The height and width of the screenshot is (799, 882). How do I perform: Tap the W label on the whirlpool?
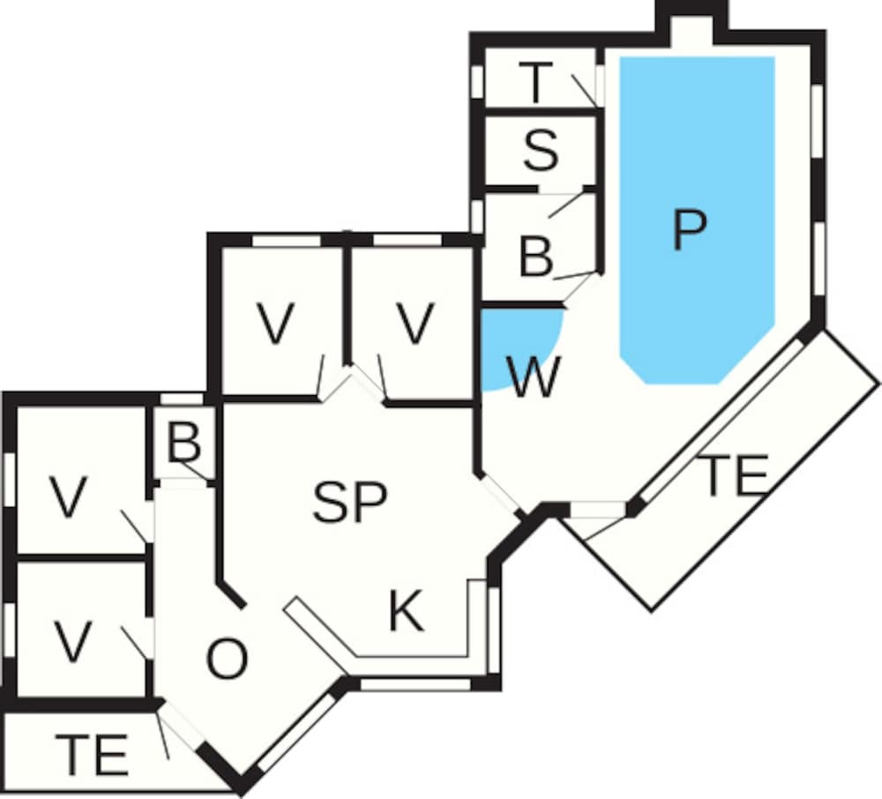click(534, 376)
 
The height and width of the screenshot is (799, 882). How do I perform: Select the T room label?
click(535, 83)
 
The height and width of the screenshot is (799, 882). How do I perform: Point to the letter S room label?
click(542, 150)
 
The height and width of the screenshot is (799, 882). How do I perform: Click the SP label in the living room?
click(350, 502)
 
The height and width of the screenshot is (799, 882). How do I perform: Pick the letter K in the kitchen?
click(406, 610)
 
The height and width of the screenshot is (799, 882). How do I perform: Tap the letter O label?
click(227, 659)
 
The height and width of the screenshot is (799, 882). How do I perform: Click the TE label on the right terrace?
click(734, 475)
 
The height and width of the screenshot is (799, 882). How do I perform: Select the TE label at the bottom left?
click(93, 754)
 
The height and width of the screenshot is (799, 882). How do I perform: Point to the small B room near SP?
click(184, 443)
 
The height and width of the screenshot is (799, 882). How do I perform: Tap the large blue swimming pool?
click(698, 220)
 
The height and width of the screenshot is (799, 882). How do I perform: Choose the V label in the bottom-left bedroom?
click(73, 641)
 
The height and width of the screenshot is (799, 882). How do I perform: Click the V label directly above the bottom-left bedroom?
click(69, 497)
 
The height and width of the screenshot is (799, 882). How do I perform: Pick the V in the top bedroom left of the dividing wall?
click(275, 323)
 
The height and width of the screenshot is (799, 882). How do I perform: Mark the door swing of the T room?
click(584, 90)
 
